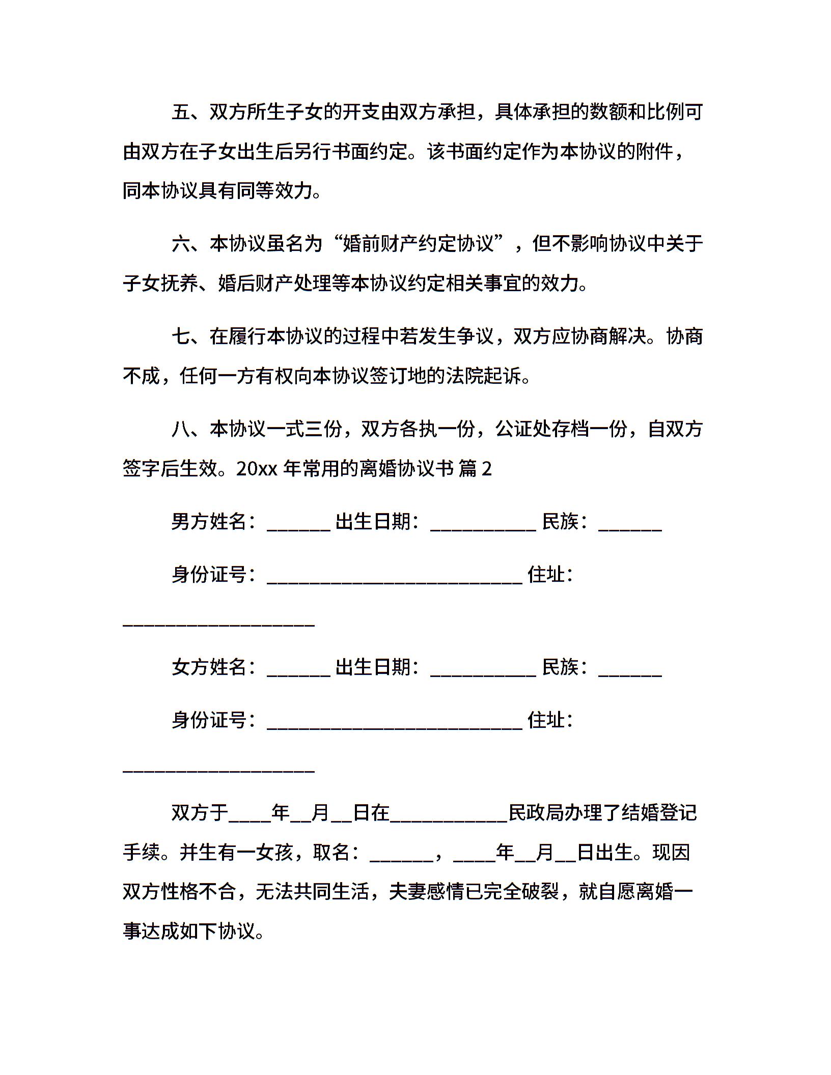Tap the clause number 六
tap(181, 244)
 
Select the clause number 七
tap(181, 336)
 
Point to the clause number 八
tap(181, 429)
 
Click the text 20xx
tap(257, 469)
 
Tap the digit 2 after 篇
tap(487, 469)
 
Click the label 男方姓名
tap(209, 522)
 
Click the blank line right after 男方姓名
tap(299, 524)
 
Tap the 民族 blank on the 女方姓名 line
tap(630, 670)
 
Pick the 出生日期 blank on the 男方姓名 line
tap(483, 524)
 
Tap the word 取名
tap(331, 853)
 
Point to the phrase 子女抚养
tap(161, 284)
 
